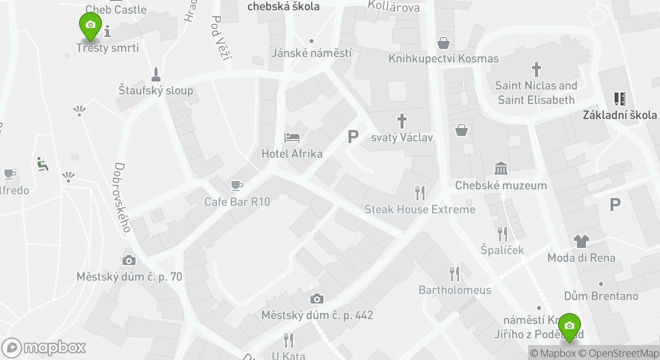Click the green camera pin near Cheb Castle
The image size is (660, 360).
90,25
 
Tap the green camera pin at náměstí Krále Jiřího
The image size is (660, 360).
568,326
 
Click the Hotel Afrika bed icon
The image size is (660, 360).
292,137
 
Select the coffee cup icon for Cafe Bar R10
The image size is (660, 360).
237,186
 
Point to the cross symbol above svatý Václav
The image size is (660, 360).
401,121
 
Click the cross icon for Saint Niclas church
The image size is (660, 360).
536,69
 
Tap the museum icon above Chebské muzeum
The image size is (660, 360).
500,168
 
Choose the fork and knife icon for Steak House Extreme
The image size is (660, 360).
420,192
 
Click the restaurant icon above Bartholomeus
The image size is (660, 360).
454,273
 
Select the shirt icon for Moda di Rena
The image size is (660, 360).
581,241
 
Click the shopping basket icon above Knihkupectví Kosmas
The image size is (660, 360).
443,42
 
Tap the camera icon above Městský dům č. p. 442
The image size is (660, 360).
316,299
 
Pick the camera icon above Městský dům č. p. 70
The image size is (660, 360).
129,260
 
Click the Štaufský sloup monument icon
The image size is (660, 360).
156,74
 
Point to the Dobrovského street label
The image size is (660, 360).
122,197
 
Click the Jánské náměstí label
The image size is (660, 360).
311,53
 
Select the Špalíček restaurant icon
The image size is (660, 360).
502,233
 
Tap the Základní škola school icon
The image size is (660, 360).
620,98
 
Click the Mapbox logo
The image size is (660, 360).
43,347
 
